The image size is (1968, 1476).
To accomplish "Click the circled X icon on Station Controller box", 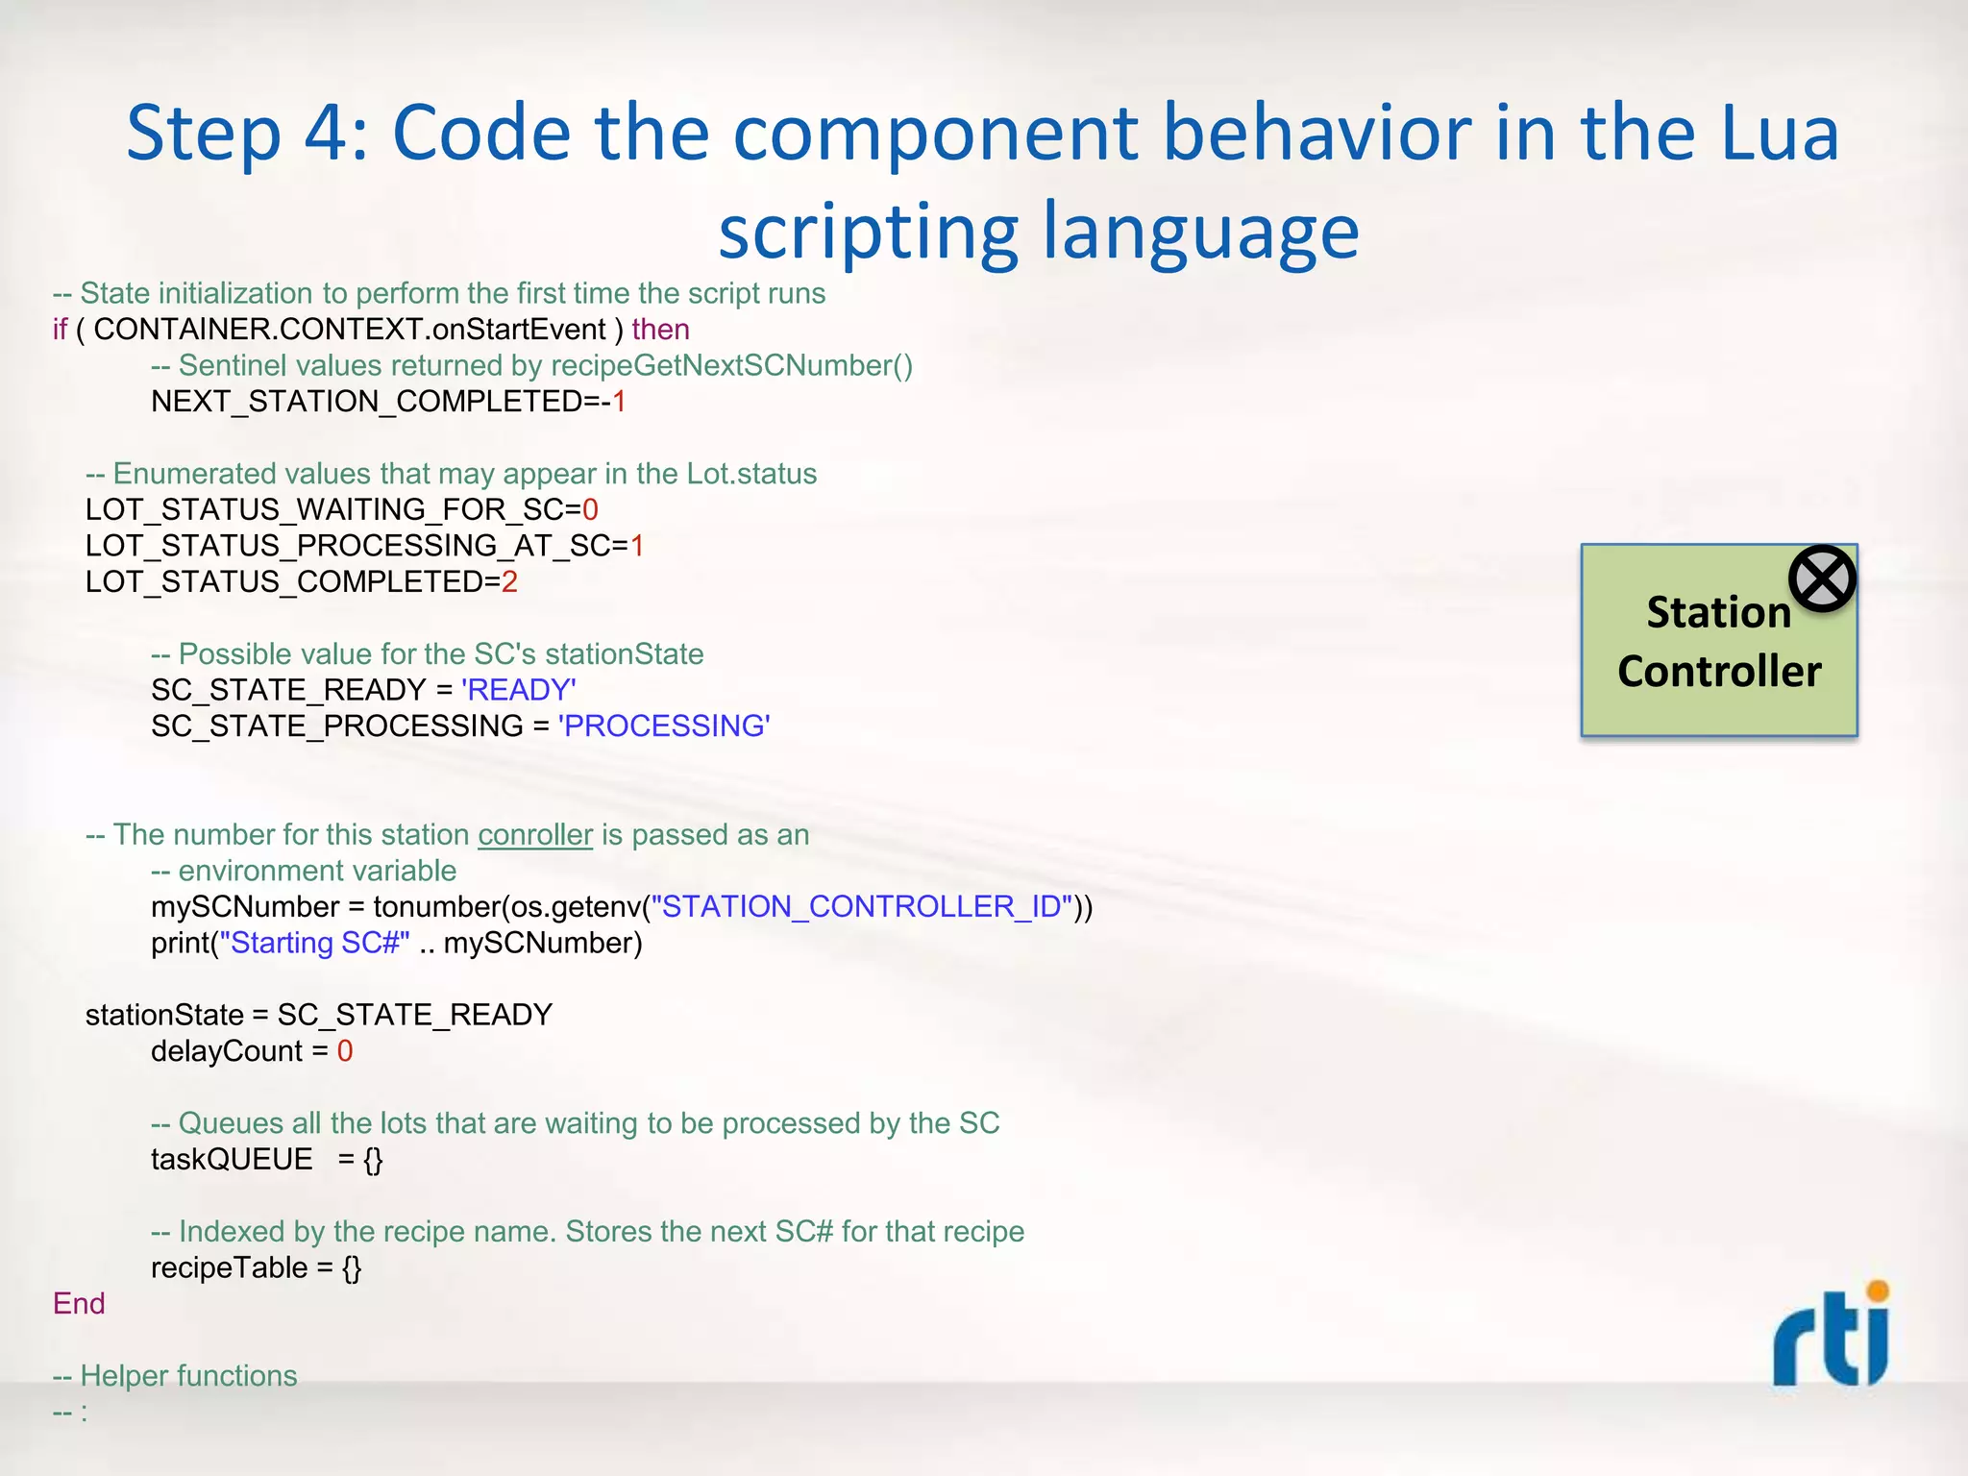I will [1821, 578].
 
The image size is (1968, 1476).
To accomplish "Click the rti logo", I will [1831, 1336].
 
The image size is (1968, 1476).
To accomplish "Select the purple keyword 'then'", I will [660, 330].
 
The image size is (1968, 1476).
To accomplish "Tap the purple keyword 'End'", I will [79, 1304].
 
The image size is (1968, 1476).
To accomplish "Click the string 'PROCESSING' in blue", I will [664, 726].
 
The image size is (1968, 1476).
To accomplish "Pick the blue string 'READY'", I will [519, 690].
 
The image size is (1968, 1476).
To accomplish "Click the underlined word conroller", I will [535, 835].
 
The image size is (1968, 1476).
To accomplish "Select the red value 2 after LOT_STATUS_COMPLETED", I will [509, 581].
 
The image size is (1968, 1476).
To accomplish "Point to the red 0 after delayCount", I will [345, 1051].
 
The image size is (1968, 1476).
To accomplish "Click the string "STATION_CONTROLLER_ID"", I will [862, 906].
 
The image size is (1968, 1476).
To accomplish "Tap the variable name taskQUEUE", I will [232, 1160].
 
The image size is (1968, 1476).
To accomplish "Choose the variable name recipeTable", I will [229, 1268].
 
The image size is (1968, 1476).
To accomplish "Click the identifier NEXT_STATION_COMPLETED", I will [367, 402].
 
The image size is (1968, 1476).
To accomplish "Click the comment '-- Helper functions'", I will [175, 1376].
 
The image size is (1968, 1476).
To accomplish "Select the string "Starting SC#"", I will [315, 943].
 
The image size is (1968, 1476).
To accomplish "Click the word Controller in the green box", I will [1719, 671].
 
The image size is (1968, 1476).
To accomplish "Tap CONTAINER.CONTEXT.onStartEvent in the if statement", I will [350, 330].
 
